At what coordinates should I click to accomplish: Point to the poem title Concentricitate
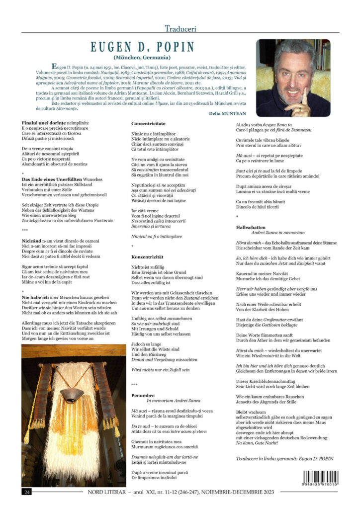pyautogui.click(x=149, y=123)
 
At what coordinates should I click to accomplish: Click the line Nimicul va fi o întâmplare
pyautogui.click(x=157, y=236)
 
